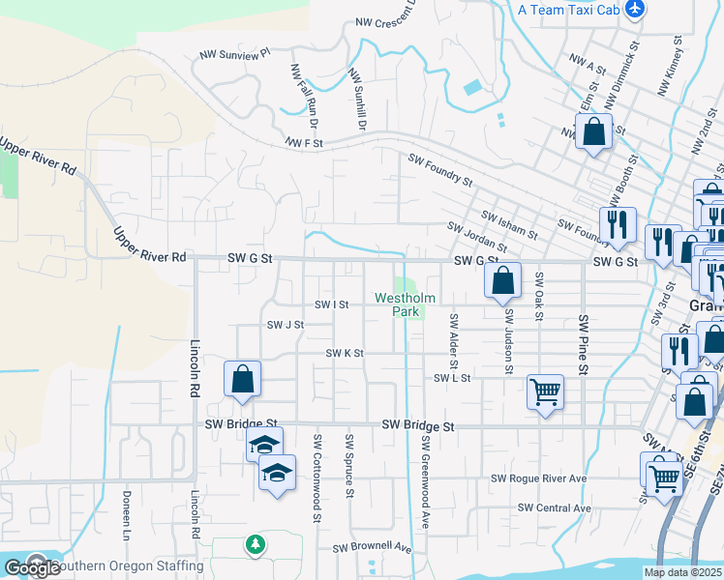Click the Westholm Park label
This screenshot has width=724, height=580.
(399, 305)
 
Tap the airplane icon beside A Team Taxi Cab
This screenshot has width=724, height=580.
(635, 10)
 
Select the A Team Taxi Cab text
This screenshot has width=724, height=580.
(568, 10)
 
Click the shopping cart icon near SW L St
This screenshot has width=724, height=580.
(545, 391)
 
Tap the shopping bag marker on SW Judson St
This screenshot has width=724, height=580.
(502, 282)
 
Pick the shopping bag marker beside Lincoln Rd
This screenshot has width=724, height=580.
(242, 379)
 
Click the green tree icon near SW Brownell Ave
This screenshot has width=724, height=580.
(256, 545)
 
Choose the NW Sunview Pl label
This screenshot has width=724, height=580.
(233, 57)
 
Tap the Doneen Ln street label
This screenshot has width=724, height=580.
(126, 512)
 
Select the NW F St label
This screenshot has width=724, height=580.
(303, 143)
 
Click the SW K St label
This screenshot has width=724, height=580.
(344, 354)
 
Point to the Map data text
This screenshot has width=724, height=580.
(682, 572)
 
